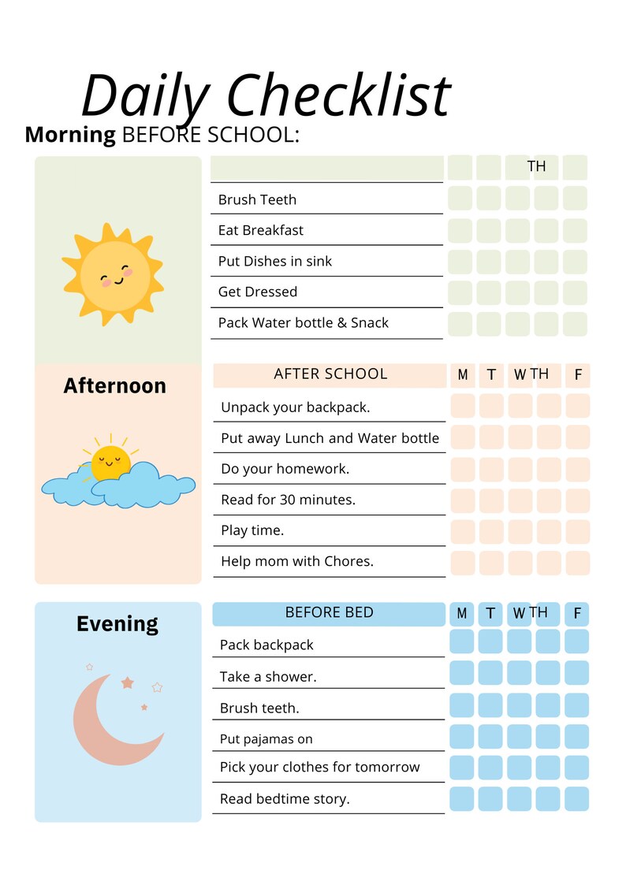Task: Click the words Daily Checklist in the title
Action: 266,95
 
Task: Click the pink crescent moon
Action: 114,719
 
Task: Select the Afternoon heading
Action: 114,385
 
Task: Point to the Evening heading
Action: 117,623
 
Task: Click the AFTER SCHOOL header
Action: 330,374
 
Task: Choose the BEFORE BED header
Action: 329,613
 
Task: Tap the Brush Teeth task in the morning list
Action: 257,199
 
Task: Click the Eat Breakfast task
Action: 260,230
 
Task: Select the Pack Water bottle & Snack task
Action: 303,322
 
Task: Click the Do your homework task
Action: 285,469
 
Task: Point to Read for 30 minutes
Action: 288,500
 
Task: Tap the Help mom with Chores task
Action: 296,561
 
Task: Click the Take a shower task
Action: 267,676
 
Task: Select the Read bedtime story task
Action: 284,798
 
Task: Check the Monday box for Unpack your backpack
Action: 463,406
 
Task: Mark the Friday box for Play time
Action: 578,530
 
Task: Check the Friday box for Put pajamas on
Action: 577,737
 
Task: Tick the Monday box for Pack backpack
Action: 462,641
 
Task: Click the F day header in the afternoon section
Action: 578,375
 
